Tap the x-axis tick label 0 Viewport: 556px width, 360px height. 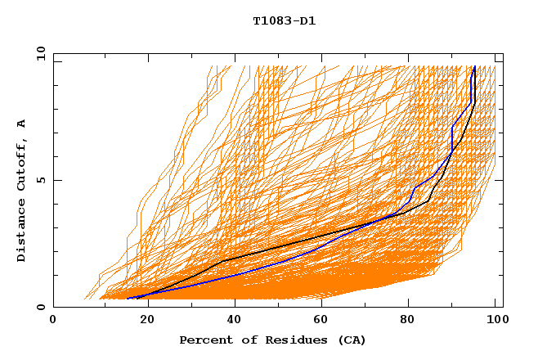(53, 321)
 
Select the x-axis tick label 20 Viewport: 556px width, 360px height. (141, 321)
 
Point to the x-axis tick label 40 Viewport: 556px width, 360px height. (230, 321)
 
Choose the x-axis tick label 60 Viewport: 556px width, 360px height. (318, 321)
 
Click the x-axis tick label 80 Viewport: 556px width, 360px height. (406, 321)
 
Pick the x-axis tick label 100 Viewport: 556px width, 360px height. (495, 321)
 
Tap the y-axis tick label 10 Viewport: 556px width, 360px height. (40, 53)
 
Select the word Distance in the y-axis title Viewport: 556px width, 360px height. (22, 231)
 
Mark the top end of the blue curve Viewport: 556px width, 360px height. (475, 67)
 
